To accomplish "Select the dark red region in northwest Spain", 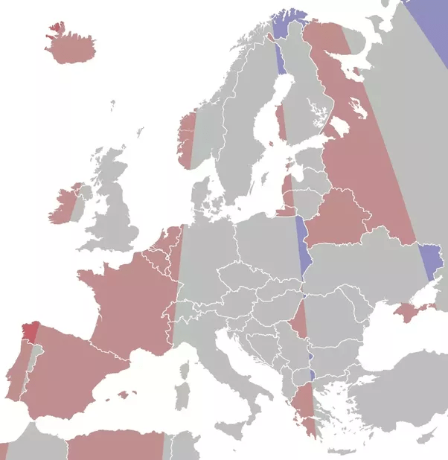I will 31,329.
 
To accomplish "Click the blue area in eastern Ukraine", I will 431,260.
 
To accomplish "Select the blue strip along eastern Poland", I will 301,246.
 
